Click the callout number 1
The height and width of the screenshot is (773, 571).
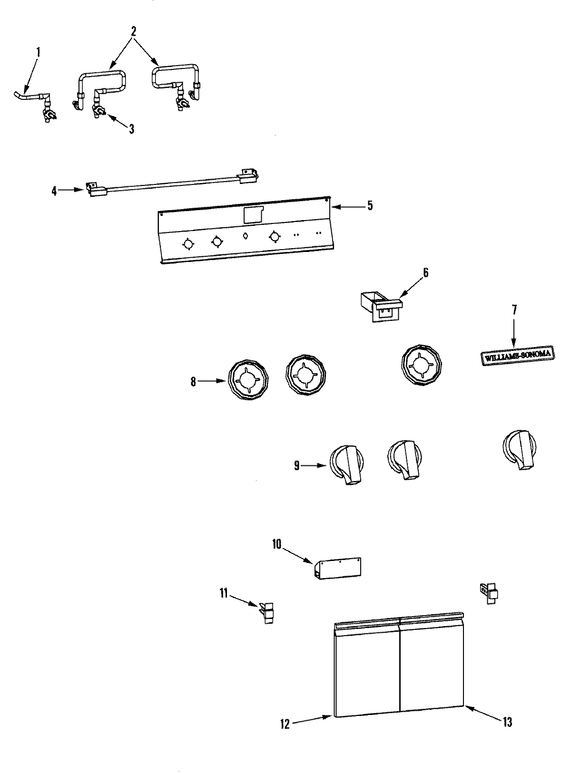[x=39, y=52]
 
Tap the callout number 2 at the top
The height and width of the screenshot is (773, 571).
[x=134, y=32]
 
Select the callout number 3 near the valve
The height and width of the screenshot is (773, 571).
[x=131, y=128]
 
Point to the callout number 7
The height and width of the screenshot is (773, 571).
[x=514, y=310]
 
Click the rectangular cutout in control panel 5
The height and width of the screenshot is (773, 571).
[x=253, y=215]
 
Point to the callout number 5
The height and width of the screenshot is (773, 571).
[x=370, y=206]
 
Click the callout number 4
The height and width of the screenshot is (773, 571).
[x=54, y=191]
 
